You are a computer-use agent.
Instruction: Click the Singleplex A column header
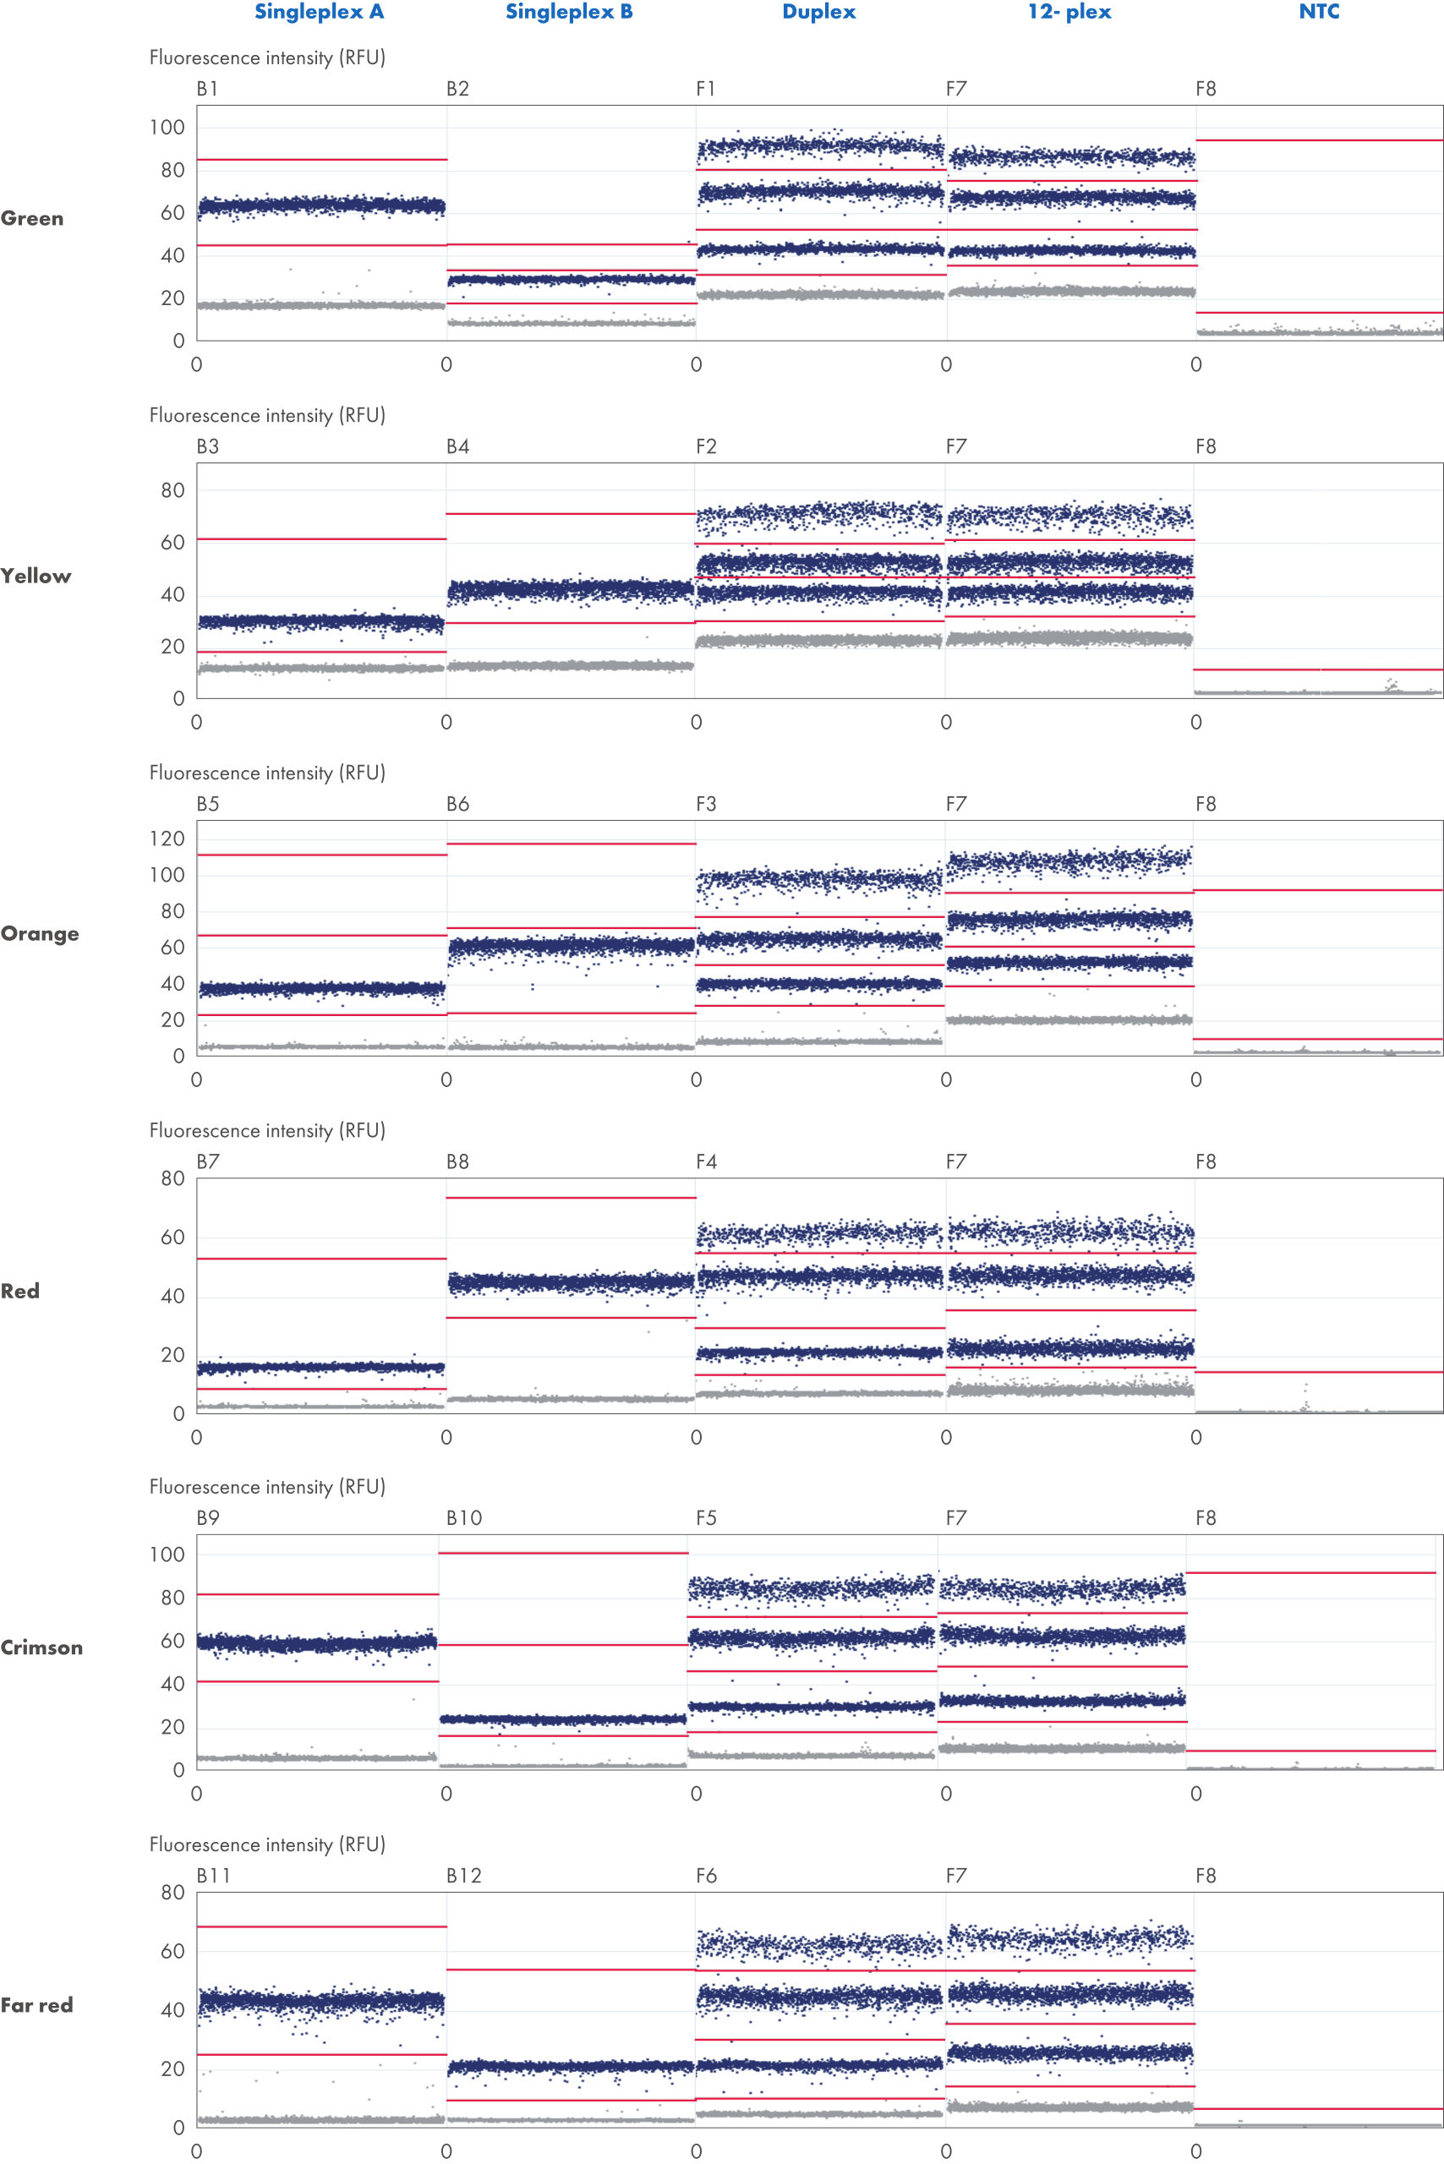pos(319,12)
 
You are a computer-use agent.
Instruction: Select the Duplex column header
pos(818,12)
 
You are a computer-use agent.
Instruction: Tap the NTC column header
pos(1319,12)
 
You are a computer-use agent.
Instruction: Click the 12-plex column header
pos(1069,12)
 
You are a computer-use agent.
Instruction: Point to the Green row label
pos(32,218)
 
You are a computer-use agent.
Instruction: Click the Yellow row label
pos(36,576)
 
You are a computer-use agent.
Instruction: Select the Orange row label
pos(40,934)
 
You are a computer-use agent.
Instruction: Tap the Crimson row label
pos(41,1648)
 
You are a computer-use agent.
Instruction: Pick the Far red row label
pos(37,2005)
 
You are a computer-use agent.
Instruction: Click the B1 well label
pos(207,89)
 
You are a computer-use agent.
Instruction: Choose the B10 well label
pos(464,1517)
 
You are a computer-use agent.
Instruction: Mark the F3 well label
pos(705,804)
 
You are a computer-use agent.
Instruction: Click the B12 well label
pos(464,1876)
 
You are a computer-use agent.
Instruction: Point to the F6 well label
pos(705,1876)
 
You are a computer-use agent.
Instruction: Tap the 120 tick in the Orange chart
pos(167,838)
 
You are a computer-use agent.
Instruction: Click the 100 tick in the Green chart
pos(167,127)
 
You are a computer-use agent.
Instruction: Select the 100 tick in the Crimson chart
pos(167,1555)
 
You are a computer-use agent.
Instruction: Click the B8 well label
pos(457,1161)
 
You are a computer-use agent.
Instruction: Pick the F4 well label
pos(705,1161)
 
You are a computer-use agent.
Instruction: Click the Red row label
pos(20,1291)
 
